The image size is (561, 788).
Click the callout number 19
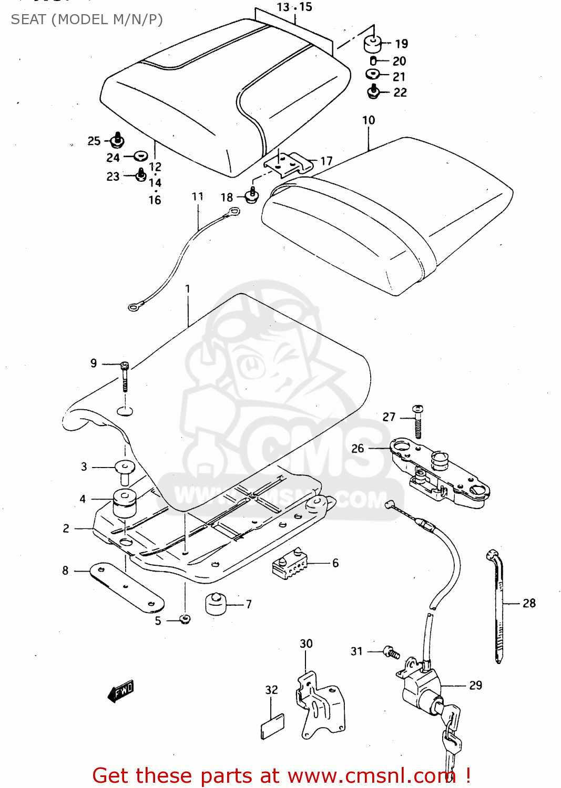(x=401, y=44)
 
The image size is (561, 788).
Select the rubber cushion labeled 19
(x=373, y=44)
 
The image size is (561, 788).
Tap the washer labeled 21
(x=373, y=74)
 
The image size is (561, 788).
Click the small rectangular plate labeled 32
(x=272, y=727)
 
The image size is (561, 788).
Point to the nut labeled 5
(x=185, y=619)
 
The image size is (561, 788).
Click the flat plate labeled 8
(x=126, y=587)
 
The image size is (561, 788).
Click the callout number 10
(x=369, y=120)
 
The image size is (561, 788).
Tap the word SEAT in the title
(x=28, y=19)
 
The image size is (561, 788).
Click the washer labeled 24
(x=140, y=156)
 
